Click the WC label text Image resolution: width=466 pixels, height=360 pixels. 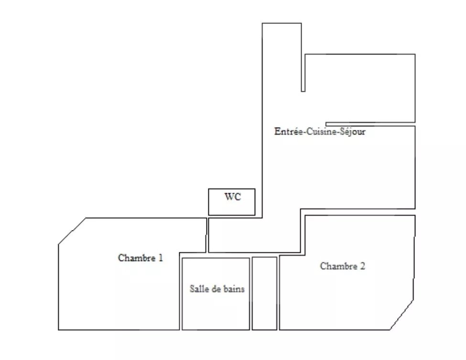coord(233,197)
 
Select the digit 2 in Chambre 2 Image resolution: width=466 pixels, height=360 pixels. coord(362,266)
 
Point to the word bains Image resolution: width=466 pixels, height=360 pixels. coord(234,289)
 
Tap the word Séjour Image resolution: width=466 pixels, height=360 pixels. coord(354,131)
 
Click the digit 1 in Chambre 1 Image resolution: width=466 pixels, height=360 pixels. coord(161,258)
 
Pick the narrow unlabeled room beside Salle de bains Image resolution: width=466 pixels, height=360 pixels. coord(264,294)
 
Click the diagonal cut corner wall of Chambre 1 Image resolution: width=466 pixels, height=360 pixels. coord(72,231)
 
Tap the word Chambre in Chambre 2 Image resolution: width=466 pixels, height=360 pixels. coord(338,266)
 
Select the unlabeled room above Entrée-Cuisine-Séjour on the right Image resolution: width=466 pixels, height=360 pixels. coord(359,88)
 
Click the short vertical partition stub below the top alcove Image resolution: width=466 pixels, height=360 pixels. coord(303,73)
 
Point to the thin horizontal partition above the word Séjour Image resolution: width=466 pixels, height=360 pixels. coord(370,124)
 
